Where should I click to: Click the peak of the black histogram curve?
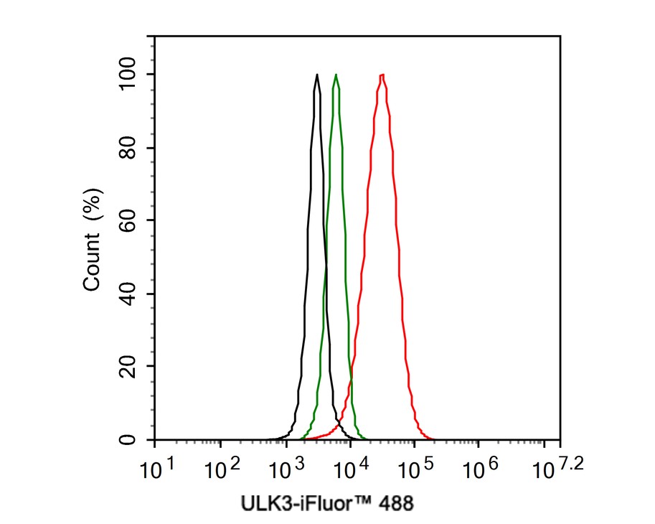(316, 75)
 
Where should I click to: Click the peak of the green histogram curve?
(336, 75)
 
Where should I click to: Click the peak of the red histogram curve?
(382, 75)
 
